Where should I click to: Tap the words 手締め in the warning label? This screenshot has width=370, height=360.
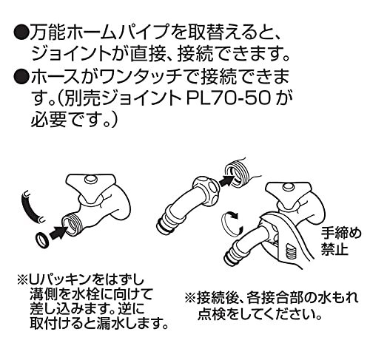pyautogui.click(x=340, y=234)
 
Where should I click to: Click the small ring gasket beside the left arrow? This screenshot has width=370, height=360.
pyautogui.click(x=42, y=239)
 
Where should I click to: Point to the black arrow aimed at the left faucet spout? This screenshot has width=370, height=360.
pyautogui.click(x=58, y=232)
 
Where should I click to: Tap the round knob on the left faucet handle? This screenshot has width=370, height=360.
pyautogui.click(x=90, y=179)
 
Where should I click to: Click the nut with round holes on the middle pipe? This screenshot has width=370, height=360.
pyautogui.click(x=206, y=186)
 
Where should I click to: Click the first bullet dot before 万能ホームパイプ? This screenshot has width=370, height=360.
pyautogui.click(x=21, y=35)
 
